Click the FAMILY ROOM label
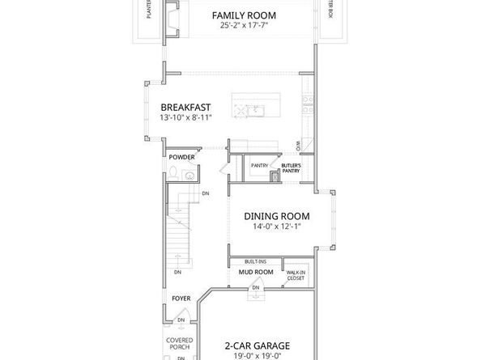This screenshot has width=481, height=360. pos(244,15)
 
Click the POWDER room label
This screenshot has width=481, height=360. pos(182,156)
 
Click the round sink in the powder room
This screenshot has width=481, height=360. pos(189,175)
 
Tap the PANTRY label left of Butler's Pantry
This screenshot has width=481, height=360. pos(259,165)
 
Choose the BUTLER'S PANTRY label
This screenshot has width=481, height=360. pos(291,167)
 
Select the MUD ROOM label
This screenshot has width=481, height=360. pos(256,273)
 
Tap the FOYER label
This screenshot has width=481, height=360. pos(181,299)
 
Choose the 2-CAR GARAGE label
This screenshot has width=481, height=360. pos(258,345)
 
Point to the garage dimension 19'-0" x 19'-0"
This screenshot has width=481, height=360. pos(258,354)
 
